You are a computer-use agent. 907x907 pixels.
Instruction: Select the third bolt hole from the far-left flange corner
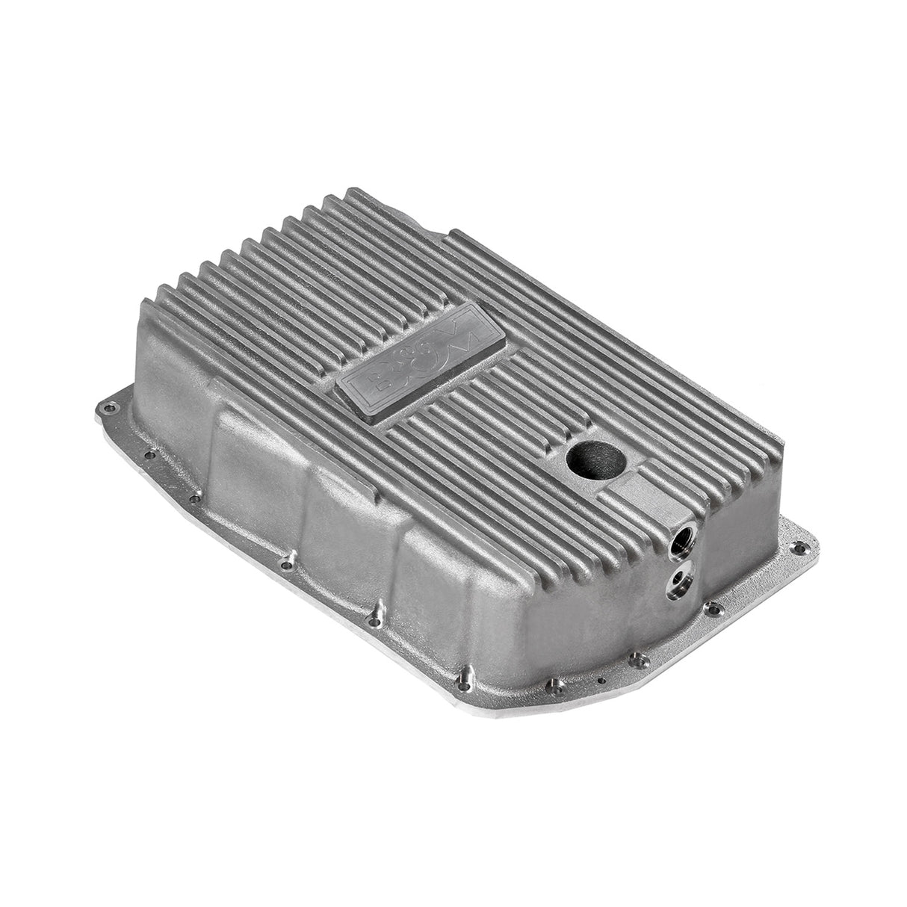tap(199, 495)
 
